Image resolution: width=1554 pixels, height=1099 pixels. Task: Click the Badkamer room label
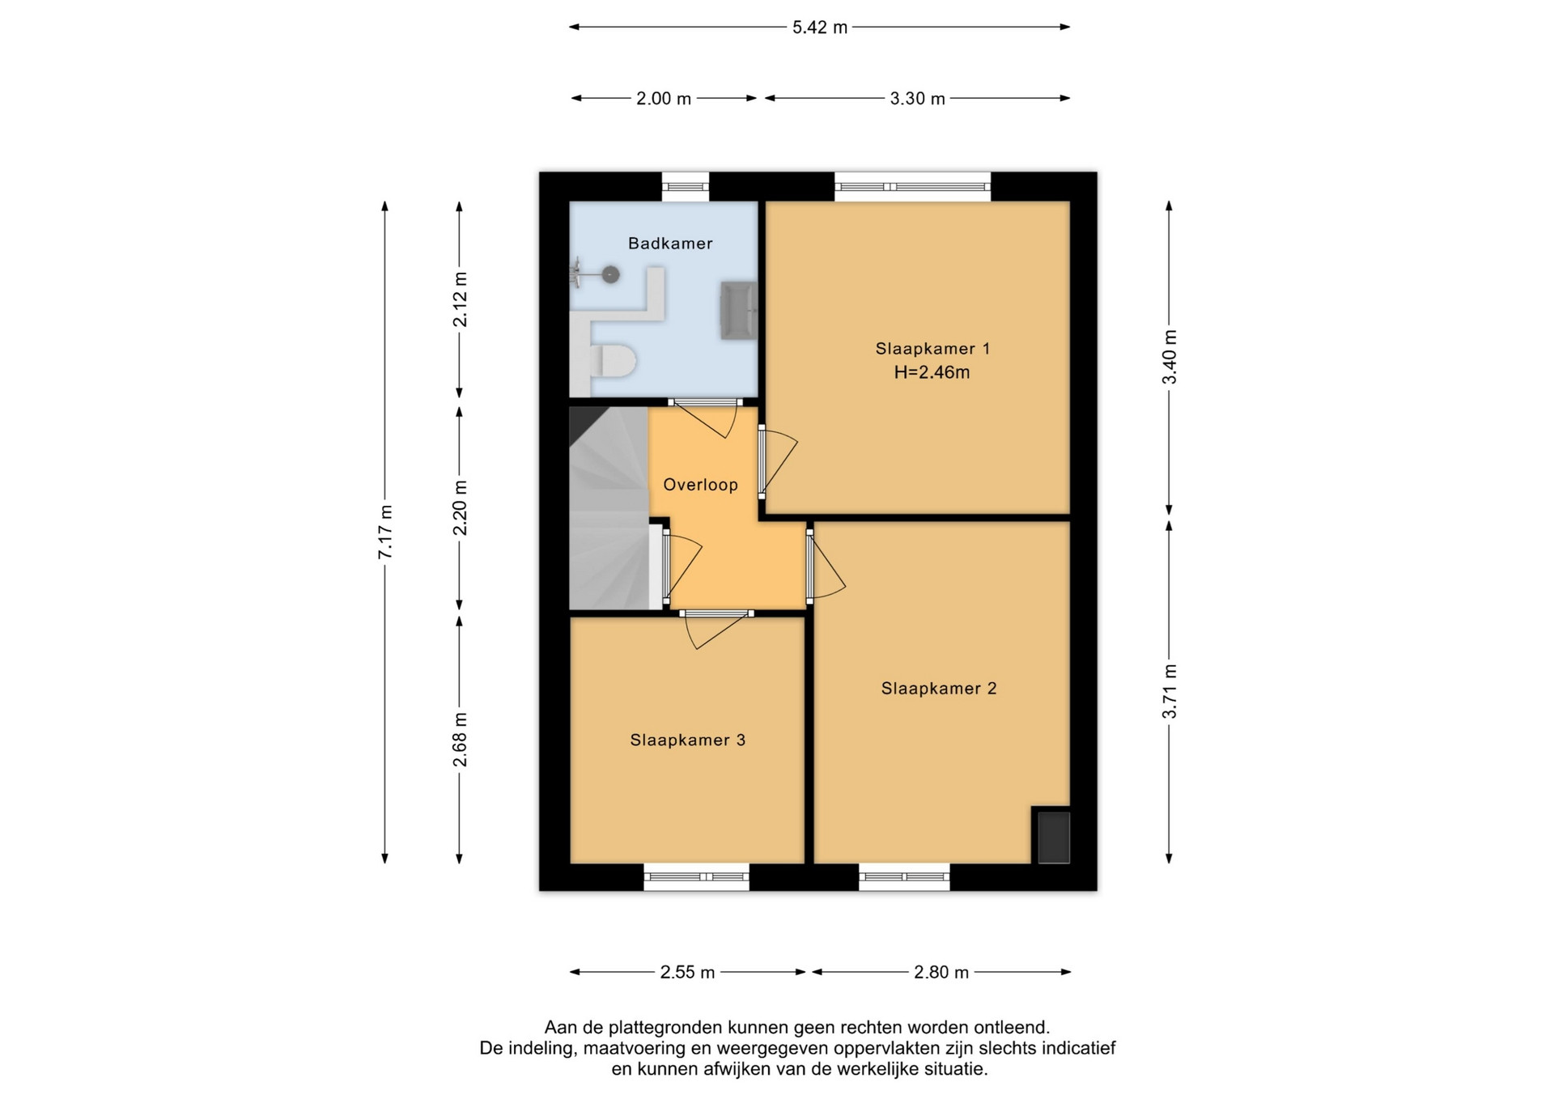click(670, 243)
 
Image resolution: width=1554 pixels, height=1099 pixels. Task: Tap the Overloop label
click(700, 485)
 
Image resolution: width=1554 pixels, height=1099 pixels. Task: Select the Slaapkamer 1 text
click(932, 349)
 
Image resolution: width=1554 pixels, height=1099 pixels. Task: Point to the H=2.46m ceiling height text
click(932, 372)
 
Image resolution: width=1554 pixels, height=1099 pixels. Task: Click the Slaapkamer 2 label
click(939, 689)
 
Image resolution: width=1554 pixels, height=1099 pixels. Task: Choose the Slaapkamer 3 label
click(687, 740)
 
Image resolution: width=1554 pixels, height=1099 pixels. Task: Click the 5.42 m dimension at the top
click(819, 28)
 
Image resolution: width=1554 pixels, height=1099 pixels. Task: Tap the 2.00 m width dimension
click(664, 99)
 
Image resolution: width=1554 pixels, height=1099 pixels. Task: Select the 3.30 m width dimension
click(917, 99)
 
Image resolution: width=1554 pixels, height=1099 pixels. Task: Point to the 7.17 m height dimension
click(385, 532)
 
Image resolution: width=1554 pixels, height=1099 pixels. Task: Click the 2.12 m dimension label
click(460, 299)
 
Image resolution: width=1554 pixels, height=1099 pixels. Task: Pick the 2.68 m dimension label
click(460, 740)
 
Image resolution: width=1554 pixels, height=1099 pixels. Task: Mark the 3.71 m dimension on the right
click(1170, 691)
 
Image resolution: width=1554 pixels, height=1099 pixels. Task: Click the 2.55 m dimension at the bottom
click(687, 972)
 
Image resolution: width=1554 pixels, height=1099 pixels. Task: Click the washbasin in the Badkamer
click(739, 310)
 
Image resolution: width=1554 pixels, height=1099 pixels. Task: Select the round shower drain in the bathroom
click(610, 275)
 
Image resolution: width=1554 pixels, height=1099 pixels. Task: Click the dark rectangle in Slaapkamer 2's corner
click(1054, 838)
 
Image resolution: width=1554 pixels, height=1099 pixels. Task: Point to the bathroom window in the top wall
click(686, 187)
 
